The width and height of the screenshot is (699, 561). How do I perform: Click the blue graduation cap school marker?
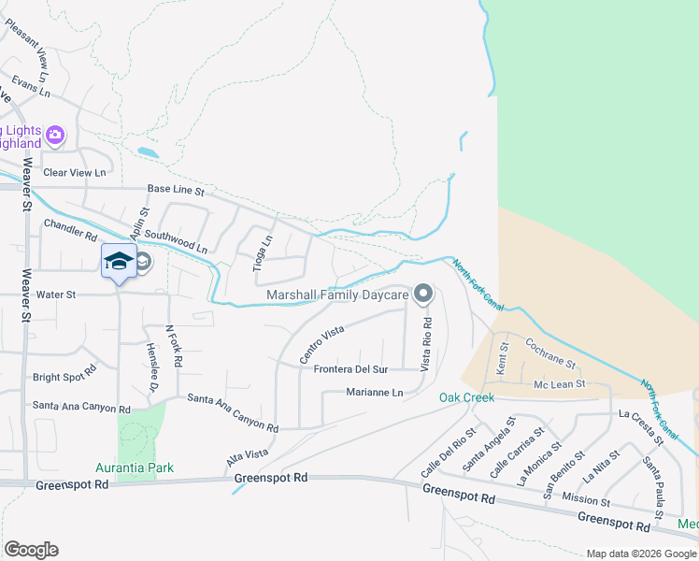(119, 261)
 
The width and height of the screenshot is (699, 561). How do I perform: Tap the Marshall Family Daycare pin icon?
(423, 295)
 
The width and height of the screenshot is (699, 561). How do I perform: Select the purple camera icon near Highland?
(55, 136)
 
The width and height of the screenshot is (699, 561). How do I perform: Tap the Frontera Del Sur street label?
(350, 369)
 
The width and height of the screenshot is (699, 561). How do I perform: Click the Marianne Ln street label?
(374, 393)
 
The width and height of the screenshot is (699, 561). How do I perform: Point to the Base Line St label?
(176, 190)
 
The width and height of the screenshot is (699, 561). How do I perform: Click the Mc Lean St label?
(559, 383)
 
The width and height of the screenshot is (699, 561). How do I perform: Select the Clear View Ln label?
(75, 172)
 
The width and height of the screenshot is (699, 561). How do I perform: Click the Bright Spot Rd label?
(64, 377)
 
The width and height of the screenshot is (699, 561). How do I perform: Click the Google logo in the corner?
(31, 550)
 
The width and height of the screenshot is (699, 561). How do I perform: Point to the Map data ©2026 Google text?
(640, 554)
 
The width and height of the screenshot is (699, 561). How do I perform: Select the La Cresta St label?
(654, 425)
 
